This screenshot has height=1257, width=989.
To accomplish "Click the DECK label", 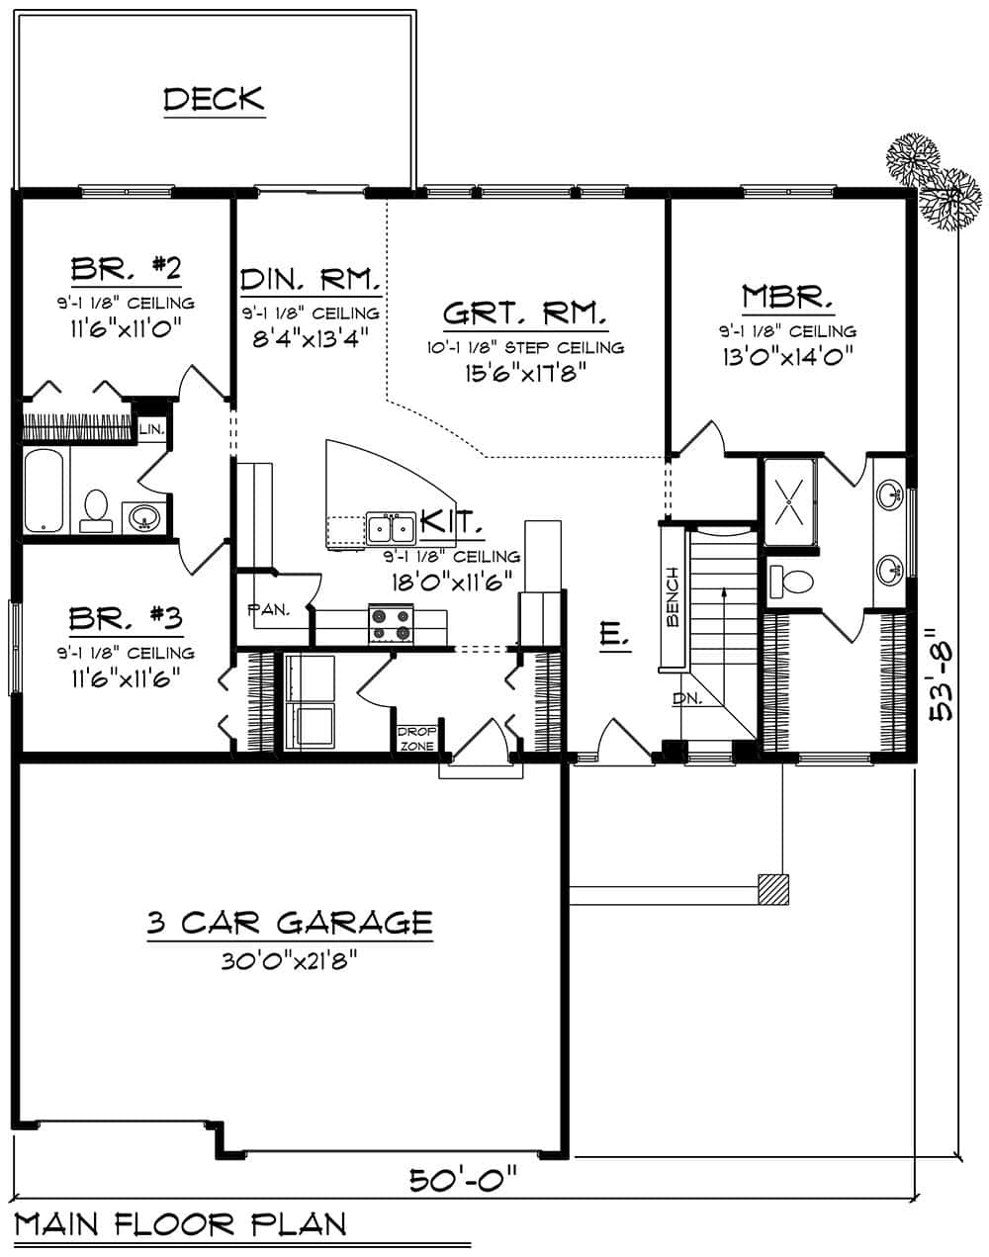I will [214, 99].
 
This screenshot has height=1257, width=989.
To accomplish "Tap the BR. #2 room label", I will [126, 268].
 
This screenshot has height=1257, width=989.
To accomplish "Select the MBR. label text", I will [787, 296].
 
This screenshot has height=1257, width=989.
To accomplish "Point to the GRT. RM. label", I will [523, 314].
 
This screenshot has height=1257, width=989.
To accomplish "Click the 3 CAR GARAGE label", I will [290, 923].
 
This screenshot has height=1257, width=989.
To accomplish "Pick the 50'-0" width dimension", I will [463, 1179].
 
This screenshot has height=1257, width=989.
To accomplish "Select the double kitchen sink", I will [391, 527].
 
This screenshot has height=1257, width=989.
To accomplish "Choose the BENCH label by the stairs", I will [673, 596].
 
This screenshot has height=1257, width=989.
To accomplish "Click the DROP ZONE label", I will [410, 738].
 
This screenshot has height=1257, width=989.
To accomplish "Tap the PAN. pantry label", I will [267, 609].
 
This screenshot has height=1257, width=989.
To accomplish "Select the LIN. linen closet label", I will [151, 428].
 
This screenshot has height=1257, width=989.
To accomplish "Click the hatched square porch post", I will [773, 889].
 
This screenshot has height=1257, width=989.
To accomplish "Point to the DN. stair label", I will [685, 698].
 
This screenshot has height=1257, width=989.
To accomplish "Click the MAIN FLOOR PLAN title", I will [181, 1224].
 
